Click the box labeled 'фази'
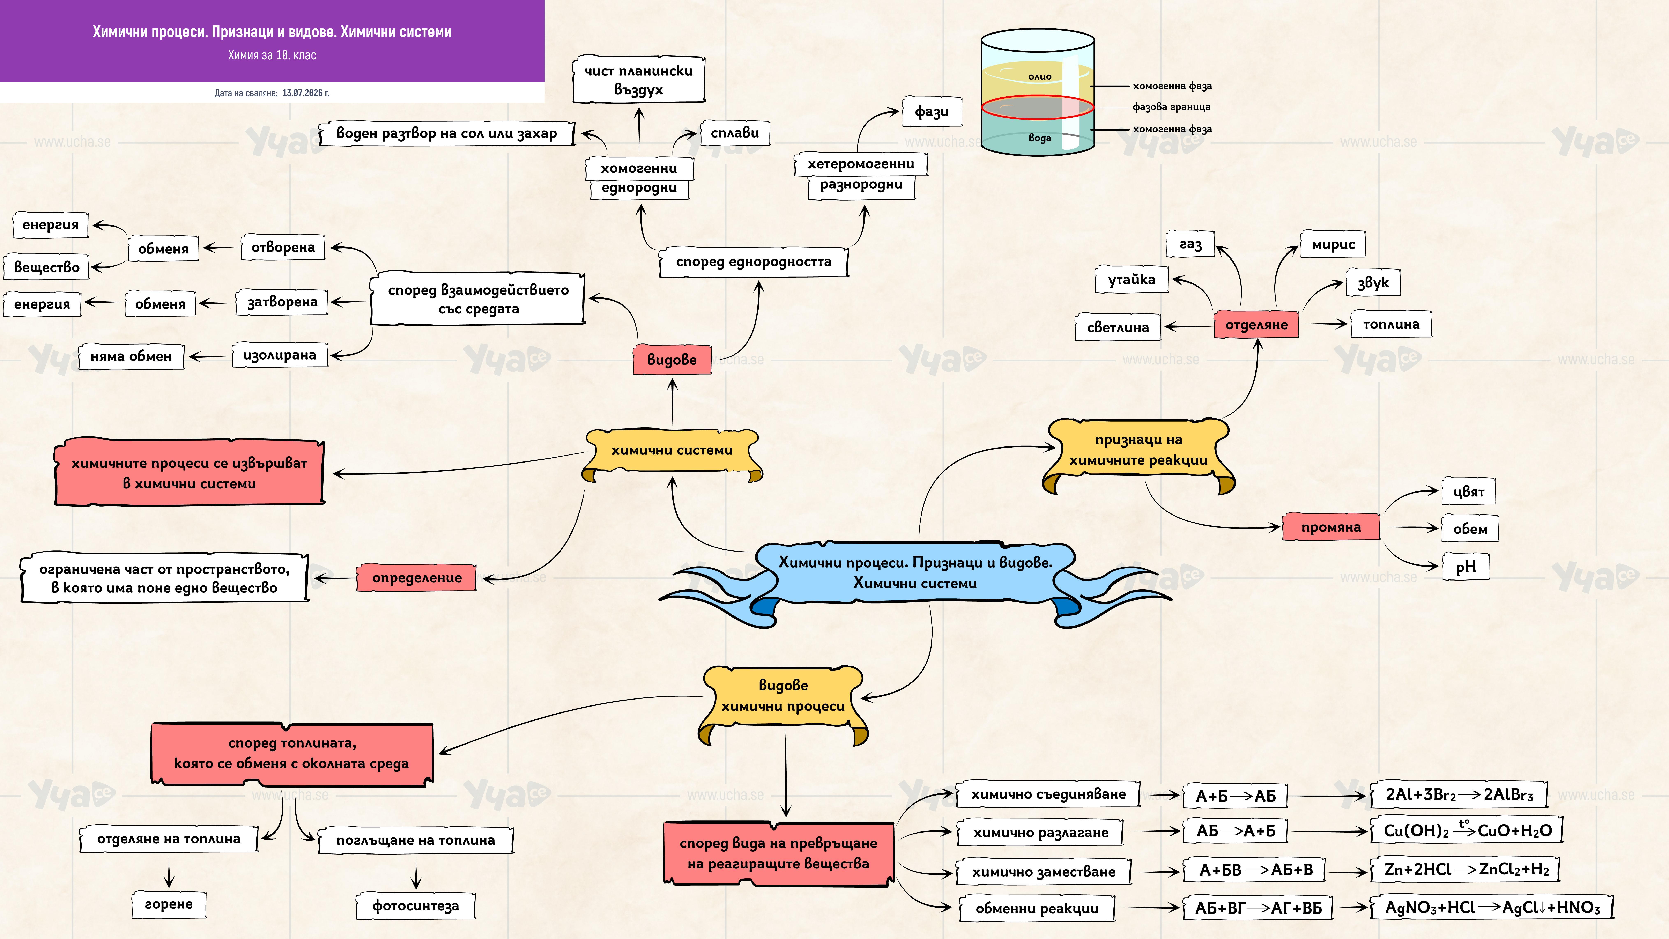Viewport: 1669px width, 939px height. point(932,111)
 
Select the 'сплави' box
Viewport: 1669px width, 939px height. point(735,133)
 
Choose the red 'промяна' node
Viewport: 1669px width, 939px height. point(1331,527)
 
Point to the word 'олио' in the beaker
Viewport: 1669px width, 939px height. point(1040,76)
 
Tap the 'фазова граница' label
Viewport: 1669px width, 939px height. point(1171,107)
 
